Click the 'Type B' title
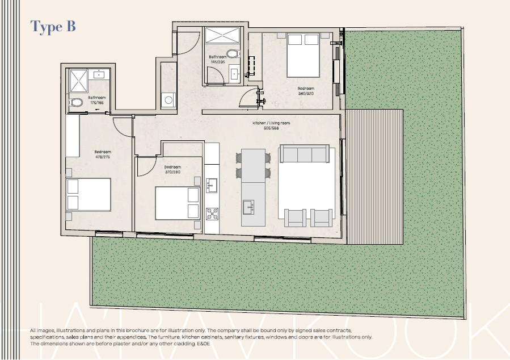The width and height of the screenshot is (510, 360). (x=53, y=26)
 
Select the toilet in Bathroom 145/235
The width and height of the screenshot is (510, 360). (x=231, y=55)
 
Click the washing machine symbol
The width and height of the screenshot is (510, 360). (x=168, y=100)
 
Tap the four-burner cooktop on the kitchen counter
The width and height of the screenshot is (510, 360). (x=212, y=214)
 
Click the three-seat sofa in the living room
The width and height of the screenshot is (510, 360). (x=304, y=153)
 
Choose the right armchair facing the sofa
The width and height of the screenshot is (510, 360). (x=322, y=217)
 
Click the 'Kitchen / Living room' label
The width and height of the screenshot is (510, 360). (x=265, y=125)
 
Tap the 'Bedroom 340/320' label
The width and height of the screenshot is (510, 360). (x=306, y=90)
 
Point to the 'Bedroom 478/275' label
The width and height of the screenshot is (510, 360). (x=103, y=154)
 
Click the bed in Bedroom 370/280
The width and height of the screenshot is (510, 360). (x=178, y=203)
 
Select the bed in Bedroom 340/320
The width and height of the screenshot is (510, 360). (x=303, y=55)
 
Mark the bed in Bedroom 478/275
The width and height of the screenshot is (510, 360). (x=88, y=195)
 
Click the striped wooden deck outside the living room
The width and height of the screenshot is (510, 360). (x=374, y=176)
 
